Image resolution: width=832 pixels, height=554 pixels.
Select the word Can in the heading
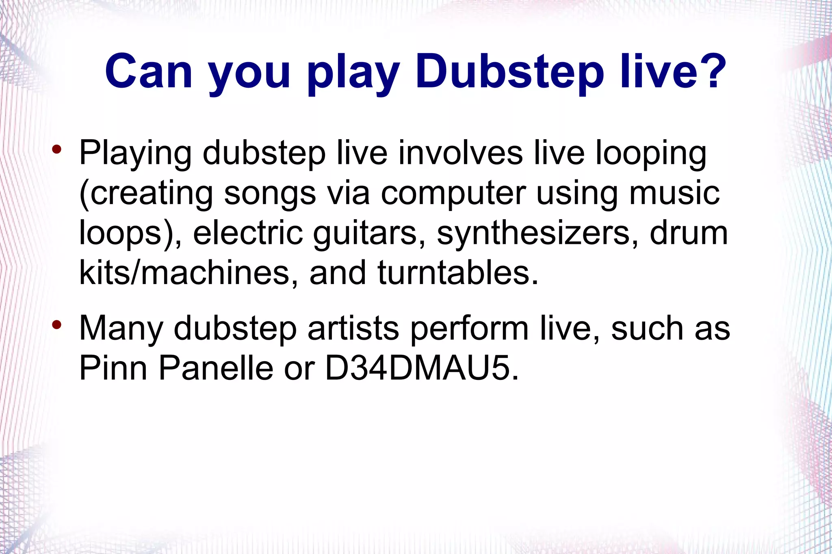148,72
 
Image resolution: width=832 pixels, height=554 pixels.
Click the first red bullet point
56,149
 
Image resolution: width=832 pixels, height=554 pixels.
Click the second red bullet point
56,325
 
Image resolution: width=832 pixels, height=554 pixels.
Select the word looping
651,154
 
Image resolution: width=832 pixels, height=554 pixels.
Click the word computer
453,194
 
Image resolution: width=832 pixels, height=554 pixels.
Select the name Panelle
216,368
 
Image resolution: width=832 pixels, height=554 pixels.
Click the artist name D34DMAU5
422,368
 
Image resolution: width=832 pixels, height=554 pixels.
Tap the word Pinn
113,368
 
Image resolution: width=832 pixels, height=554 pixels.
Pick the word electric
248,233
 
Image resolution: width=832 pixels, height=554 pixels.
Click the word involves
460,153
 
